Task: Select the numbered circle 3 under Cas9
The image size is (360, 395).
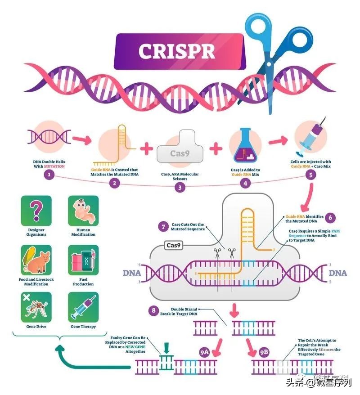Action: [x=180, y=188]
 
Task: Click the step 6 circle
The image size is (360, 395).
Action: [x=330, y=217]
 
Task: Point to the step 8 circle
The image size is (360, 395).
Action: [x=154, y=311]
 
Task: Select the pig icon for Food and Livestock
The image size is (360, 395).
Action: [x=36, y=260]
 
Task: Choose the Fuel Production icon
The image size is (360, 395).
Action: [x=83, y=260]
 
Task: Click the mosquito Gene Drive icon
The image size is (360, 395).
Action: [x=36, y=308]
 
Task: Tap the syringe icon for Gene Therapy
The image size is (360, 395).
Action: [x=83, y=308]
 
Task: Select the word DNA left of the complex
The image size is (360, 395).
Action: [x=132, y=273]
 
